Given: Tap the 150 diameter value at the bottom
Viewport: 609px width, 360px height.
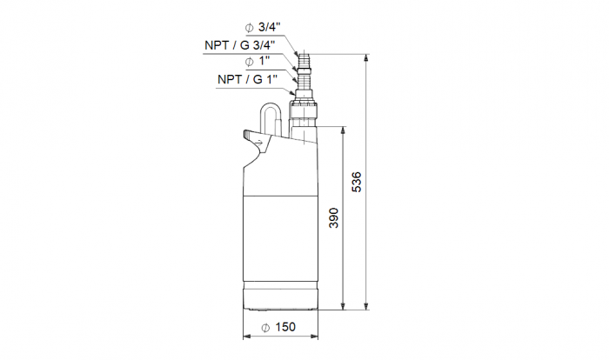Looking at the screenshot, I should [x=284, y=327].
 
